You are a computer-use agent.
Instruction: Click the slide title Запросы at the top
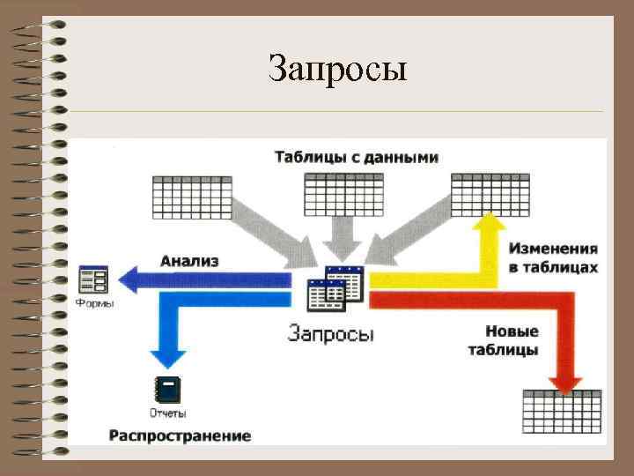338,69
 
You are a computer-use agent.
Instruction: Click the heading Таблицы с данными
356,158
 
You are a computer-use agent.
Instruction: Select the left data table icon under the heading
192,197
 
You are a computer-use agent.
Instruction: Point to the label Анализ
189,261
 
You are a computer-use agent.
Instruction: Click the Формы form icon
93,279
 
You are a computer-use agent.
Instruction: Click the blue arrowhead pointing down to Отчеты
168,356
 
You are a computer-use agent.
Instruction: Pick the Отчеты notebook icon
166,390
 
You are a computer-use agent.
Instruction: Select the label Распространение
180,435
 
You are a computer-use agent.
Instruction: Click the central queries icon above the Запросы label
335,286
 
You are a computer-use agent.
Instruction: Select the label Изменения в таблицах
553,258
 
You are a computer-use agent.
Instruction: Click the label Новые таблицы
512,340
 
